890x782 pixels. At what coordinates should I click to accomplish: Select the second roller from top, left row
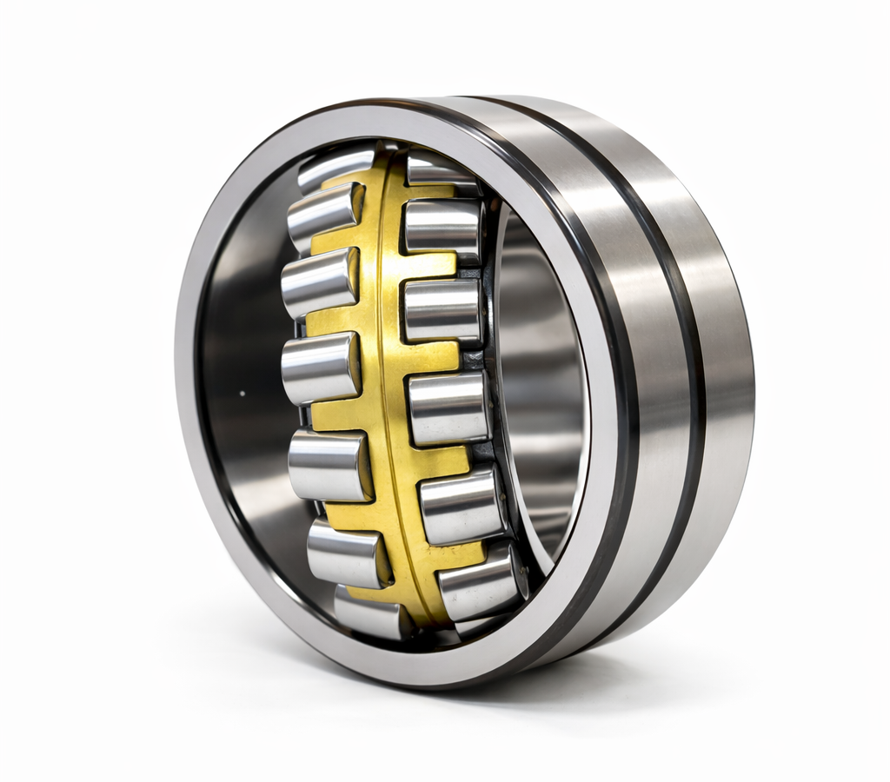tap(323, 214)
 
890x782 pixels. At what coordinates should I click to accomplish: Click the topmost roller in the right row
tap(442, 170)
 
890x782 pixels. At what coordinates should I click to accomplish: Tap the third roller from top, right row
tap(442, 310)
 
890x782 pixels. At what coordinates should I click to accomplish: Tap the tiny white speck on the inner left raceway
tap(242, 394)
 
